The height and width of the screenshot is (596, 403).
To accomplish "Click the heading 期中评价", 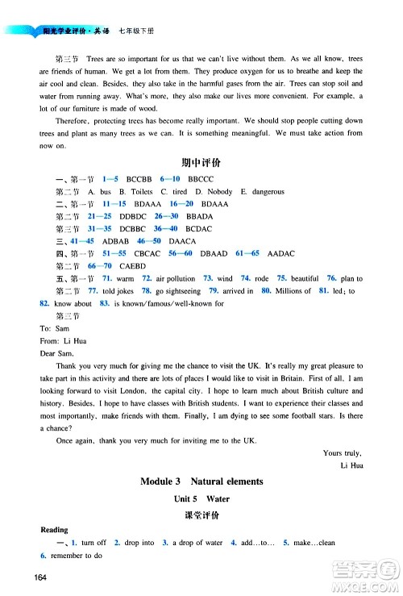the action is (202, 163).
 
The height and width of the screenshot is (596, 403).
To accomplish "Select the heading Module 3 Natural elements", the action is (201, 481).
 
